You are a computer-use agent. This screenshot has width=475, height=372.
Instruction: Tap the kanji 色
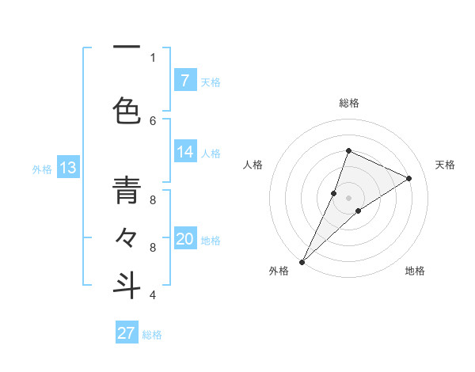tap(127, 111)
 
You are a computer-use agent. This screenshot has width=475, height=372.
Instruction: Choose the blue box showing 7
tap(184, 80)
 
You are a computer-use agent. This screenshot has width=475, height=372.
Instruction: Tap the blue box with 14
tap(184, 152)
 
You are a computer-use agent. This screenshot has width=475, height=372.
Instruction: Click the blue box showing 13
tap(68, 168)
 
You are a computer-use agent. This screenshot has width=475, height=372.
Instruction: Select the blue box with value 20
tap(184, 239)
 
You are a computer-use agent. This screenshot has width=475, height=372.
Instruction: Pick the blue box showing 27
tap(127, 333)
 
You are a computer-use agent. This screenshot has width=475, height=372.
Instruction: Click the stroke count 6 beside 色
tap(153, 120)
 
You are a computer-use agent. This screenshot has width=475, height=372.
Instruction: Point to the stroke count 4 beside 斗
tap(153, 295)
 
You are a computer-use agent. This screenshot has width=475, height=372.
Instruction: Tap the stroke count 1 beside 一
tap(153, 57)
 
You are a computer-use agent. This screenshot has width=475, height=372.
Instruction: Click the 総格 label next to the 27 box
tap(152, 335)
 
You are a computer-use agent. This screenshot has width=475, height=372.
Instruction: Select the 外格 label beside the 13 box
tap(42, 169)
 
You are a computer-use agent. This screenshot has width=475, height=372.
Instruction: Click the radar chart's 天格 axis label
tap(445, 165)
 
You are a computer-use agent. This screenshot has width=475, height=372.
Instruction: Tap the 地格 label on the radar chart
tap(415, 271)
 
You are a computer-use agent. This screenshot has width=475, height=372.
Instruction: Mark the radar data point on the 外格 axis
tap(302, 261)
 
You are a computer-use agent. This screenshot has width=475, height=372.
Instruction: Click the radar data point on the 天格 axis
tap(409, 178)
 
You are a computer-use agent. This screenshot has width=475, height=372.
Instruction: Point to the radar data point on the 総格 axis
tap(348, 150)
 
